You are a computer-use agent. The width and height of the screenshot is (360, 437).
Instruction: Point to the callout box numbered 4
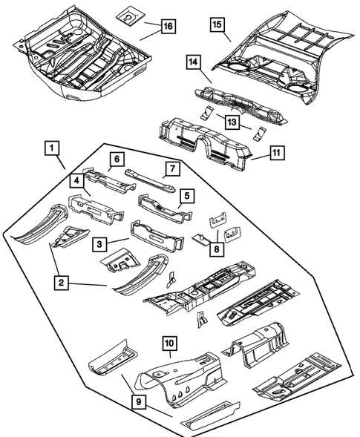(77, 180)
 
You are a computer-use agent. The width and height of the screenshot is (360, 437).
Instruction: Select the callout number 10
(169, 344)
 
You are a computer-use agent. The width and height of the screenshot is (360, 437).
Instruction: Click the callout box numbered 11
(276, 154)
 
